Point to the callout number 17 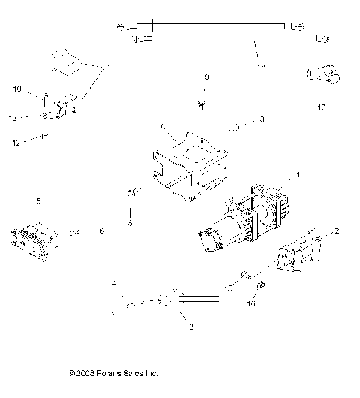[321, 107]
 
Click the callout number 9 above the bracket [207, 77]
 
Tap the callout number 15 [228, 288]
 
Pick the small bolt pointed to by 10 [46, 98]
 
